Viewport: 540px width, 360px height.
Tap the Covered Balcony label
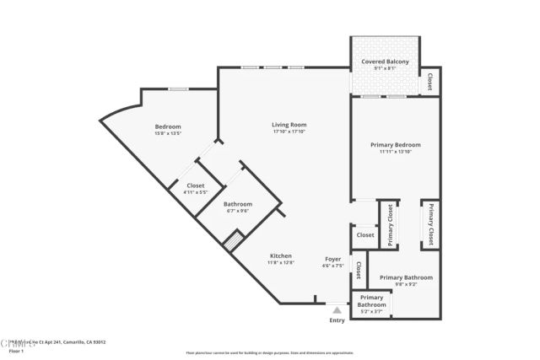(385, 62)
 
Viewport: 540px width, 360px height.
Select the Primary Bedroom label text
(396, 144)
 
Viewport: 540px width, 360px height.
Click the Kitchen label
(280, 255)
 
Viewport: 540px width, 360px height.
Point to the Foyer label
(332, 258)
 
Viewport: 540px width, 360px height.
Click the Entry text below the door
(337, 320)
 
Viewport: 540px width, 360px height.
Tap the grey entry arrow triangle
(337, 310)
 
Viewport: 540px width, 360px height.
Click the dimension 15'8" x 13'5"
(168, 134)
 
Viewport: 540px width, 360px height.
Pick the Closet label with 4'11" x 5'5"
(195, 185)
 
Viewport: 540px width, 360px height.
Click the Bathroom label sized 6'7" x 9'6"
(237, 204)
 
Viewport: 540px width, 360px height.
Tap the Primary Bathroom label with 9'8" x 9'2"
(406, 277)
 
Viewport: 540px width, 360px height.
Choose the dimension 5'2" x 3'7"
(371, 312)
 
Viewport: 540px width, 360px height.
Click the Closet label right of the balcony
(429, 81)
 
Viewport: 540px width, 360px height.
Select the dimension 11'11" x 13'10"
(396, 153)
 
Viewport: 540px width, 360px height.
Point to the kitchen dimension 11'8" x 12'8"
(280, 264)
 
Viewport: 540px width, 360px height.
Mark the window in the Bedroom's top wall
(178, 89)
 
